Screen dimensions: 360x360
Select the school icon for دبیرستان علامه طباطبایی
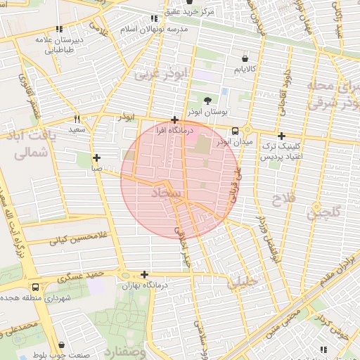[x=60, y=30]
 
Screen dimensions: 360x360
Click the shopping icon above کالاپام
[x=245, y=58]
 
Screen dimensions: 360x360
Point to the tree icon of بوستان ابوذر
[x=207, y=101]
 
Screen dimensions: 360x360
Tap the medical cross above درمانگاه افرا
[x=174, y=120]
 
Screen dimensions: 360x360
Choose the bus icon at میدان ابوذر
[x=235, y=130]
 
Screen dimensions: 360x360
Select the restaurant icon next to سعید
[x=77, y=119]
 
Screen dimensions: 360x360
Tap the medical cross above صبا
[x=96, y=158]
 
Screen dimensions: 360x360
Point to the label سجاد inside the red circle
[x=166, y=192]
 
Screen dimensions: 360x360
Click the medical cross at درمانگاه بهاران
[x=145, y=275]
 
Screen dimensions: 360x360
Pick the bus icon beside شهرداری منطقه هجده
[x=36, y=288]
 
